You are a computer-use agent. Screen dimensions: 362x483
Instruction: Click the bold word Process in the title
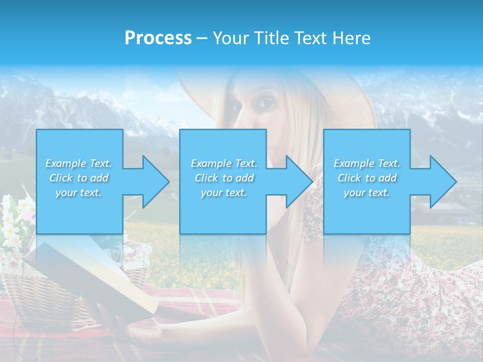pos(158,38)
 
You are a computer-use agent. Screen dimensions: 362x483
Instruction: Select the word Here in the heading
pos(352,38)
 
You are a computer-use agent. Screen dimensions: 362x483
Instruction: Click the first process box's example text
pos(78,178)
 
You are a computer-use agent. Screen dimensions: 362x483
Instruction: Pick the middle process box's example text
pos(224,178)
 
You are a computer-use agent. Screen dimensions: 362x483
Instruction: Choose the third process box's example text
pos(367,178)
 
